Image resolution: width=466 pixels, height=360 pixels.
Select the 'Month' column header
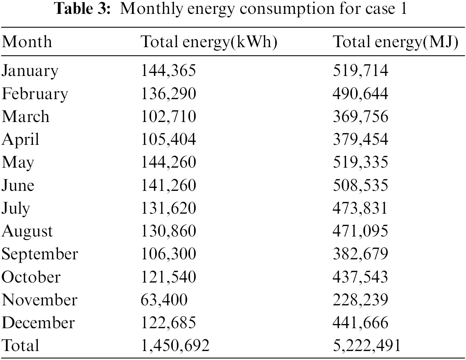pos(27,42)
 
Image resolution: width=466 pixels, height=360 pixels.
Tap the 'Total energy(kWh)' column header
pos(209,42)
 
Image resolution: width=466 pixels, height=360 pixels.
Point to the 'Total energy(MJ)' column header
pos(395,42)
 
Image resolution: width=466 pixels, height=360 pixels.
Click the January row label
pos(30,71)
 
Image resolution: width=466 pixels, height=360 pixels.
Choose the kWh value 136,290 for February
pos(168,94)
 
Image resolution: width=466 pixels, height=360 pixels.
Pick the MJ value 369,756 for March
pos(361,116)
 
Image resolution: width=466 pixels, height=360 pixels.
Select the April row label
pos(21,140)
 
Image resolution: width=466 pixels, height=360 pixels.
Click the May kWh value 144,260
pos(168,162)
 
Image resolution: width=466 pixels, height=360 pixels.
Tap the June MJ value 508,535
pos(361,185)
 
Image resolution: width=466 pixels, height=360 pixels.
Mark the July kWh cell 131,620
pos(168,208)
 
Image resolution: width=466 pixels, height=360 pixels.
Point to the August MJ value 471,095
pos(361,231)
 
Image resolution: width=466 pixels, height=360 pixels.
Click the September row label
pos(40,254)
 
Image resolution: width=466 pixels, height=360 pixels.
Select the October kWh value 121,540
pos(168,277)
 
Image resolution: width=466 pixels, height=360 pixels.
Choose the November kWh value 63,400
pos(164,300)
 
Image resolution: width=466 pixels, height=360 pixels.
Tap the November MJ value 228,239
pos(361,300)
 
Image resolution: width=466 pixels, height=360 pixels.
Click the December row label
pos(38,323)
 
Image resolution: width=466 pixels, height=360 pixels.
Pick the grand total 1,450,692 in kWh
pos(175,345)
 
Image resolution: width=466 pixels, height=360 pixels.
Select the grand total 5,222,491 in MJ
pos(367,345)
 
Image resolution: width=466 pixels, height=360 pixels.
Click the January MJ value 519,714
pos(361,71)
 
